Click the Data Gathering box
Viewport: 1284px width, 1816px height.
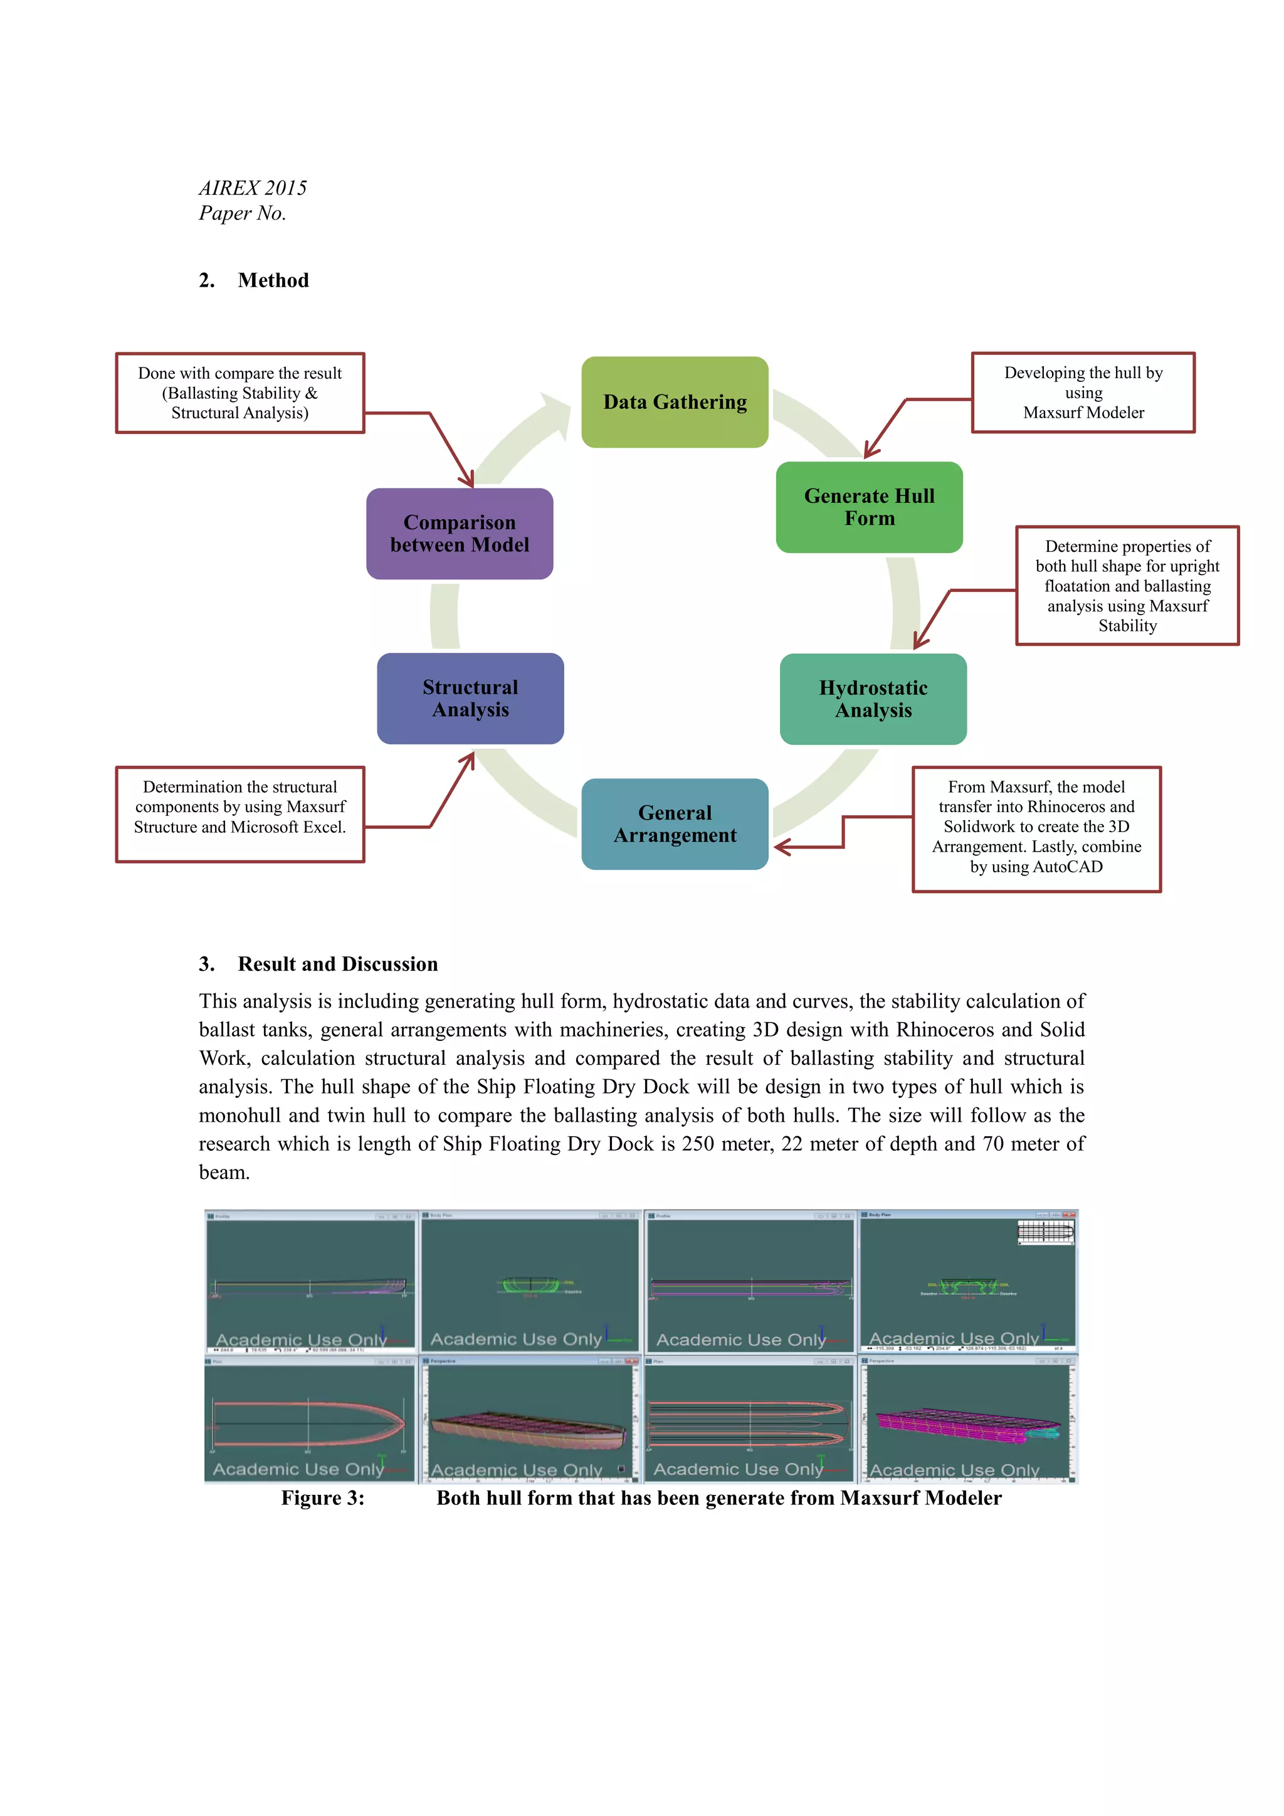point(675,402)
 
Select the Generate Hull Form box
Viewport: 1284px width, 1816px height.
point(869,507)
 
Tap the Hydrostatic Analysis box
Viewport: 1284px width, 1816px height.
point(873,699)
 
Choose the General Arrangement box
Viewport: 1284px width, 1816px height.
point(675,824)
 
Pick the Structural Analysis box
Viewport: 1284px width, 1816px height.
point(470,699)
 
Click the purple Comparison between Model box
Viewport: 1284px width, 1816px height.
point(460,534)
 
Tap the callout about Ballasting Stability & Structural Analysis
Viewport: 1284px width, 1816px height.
point(239,393)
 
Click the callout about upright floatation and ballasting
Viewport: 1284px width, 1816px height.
point(1127,585)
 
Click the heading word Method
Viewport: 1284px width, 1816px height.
point(273,280)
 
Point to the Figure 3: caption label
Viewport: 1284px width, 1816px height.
point(323,1498)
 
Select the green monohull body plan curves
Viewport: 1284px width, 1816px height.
point(530,1285)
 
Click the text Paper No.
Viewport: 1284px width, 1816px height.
point(242,214)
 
